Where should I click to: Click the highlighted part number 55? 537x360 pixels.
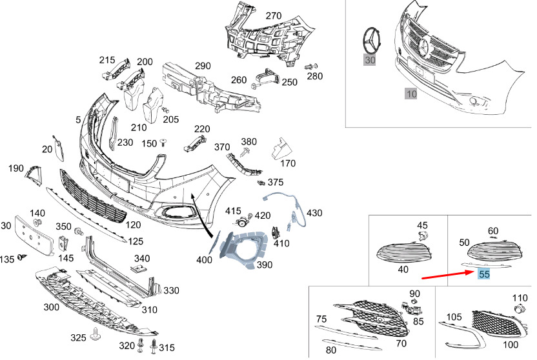pos(484,274)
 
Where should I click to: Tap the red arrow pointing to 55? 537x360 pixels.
pos(447,275)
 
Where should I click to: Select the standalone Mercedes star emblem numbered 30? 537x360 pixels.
pos(374,40)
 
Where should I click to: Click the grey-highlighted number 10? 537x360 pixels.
pos(411,94)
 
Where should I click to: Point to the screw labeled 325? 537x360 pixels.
pos(96,334)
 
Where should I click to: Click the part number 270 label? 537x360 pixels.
pos(274,15)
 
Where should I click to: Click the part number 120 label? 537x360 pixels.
pos(133,225)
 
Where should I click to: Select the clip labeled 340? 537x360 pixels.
pos(139,269)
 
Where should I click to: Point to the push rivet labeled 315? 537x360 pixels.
pos(154,346)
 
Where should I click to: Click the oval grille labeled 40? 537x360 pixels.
pos(403,252)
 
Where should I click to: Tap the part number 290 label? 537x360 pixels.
pos(203,66)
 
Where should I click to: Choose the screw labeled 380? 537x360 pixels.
pos(245,151)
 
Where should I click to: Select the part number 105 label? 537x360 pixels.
pos(454,317)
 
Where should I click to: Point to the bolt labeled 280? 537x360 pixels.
pos(311,66)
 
